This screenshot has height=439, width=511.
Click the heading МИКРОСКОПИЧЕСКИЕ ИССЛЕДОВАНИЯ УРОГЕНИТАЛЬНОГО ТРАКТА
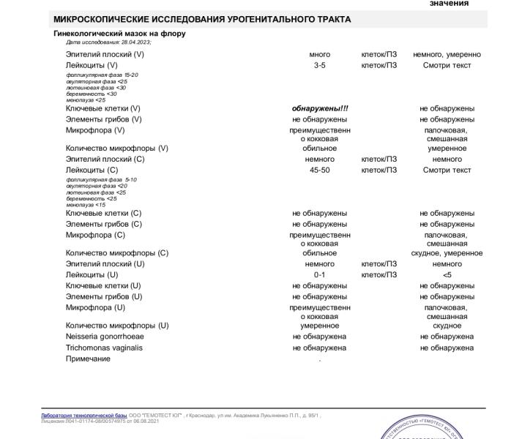(x=202, y=19)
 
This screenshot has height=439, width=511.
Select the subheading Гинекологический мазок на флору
(x=120, y=34)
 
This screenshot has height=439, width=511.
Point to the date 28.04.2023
(x=135, y=42)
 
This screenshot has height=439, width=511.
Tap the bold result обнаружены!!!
(x=320, y=108)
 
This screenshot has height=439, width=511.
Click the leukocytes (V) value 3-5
(x=320, y=65)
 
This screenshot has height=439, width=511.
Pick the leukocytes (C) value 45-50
(x=320, y=170)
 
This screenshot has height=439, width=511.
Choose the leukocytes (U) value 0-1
(x=320, y=274)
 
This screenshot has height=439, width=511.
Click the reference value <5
(x=447, y=274)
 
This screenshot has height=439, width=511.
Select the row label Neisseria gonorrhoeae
(x=105, y=337)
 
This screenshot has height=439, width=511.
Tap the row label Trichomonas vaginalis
(x=104, y=348)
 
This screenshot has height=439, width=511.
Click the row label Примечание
(x=88, y=359)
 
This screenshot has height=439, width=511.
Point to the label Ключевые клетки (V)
(x=103, y=108)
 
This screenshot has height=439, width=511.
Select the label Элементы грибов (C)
(x=104, y=224)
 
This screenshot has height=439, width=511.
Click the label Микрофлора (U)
(x=96, y=307)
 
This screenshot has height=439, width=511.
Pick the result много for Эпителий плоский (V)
(x=320, y=54)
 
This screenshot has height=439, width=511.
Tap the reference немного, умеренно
(x=447, y=54)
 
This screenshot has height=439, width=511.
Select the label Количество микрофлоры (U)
(x=117, y=326)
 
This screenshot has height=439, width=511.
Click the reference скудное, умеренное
(x=447, y=253)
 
